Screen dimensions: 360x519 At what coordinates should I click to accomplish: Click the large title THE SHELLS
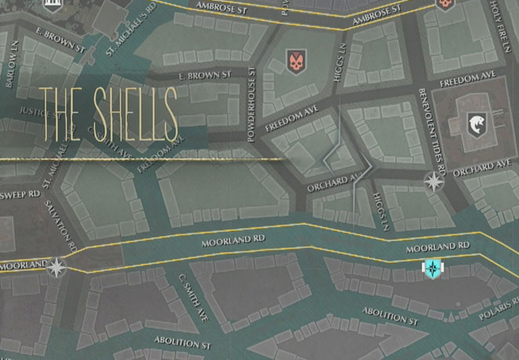[108, 114]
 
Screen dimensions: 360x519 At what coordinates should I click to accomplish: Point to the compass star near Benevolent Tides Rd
[433, 182]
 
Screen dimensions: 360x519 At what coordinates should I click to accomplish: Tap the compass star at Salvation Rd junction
[56, 269]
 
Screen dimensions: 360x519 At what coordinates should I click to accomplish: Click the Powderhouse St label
[252, 104]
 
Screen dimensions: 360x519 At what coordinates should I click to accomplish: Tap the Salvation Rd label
[61, 224]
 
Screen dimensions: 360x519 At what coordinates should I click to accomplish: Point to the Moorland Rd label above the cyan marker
[437, 248]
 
